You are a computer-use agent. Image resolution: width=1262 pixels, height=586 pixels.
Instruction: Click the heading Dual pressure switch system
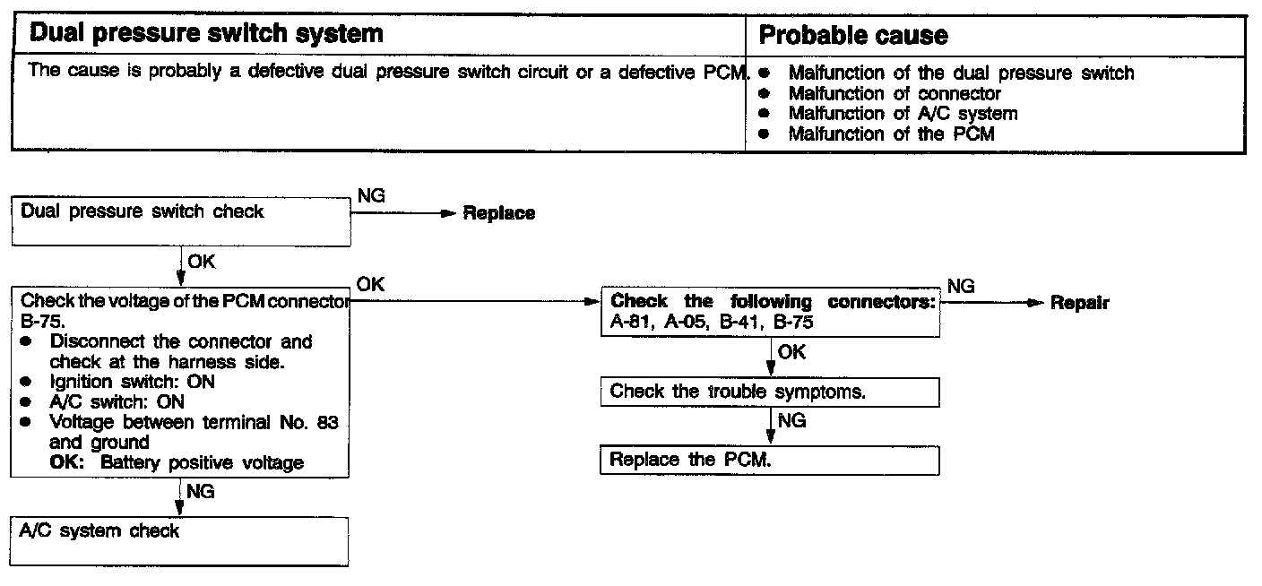click(x=206, y=35)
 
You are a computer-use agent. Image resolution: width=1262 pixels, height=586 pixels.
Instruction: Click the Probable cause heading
click(x=852, y=36)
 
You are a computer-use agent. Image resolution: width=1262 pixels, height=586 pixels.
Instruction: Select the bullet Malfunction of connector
click(x=894, y=93)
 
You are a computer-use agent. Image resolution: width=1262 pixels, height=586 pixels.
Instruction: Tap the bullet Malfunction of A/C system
click(x=903, y=114)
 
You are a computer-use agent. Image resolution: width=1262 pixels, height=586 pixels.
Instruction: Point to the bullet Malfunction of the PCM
click(x=891, y=134)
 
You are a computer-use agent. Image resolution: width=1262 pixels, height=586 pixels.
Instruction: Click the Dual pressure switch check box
click(x=180, y=222)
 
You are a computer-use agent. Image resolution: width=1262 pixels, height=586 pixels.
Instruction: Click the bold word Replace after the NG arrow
click(x=499, y=213)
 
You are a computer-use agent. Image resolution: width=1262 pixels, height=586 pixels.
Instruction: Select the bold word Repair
click(x=1079, y=303)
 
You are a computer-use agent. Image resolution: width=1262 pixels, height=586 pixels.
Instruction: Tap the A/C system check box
click(x=180, y=540)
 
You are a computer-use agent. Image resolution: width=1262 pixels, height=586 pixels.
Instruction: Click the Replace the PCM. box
click(x=769, y=461)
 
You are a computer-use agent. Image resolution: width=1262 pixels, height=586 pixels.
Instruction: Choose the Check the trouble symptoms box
click(x=769, y=392)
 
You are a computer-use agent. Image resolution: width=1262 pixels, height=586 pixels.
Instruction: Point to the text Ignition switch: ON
click(x=132, y=382)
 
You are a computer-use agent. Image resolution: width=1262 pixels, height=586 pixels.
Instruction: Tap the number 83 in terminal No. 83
click(x=328, y=423)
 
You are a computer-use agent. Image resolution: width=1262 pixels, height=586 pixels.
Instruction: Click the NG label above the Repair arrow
click(x=961, y=286)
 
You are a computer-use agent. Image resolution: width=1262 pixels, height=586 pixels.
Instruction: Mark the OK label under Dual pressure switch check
click(x=202, y=263)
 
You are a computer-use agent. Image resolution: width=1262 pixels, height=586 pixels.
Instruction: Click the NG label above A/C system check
click(x=201, y=492)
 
